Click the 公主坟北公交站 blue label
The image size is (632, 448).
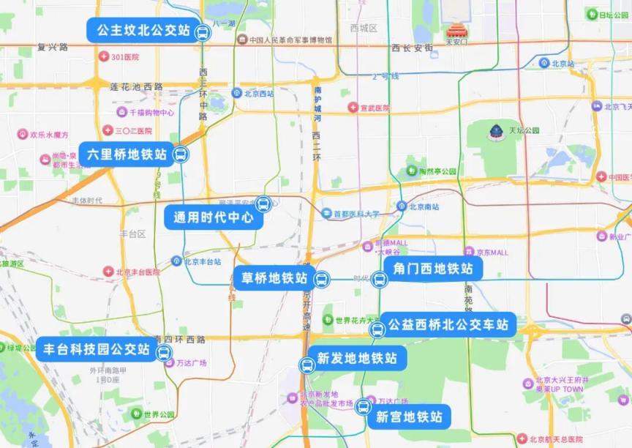click(x=139, y=31)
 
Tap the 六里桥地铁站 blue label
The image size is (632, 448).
click(x=127, y=154)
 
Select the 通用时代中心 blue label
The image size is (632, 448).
click(x=213, y=217)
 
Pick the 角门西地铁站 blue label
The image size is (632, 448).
click(x=432, y=269)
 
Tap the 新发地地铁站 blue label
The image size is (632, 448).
click(x=356, y=358)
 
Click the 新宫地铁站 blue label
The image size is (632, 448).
click(x=409, y=417)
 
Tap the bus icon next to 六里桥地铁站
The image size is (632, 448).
click(x=180, y=154)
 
